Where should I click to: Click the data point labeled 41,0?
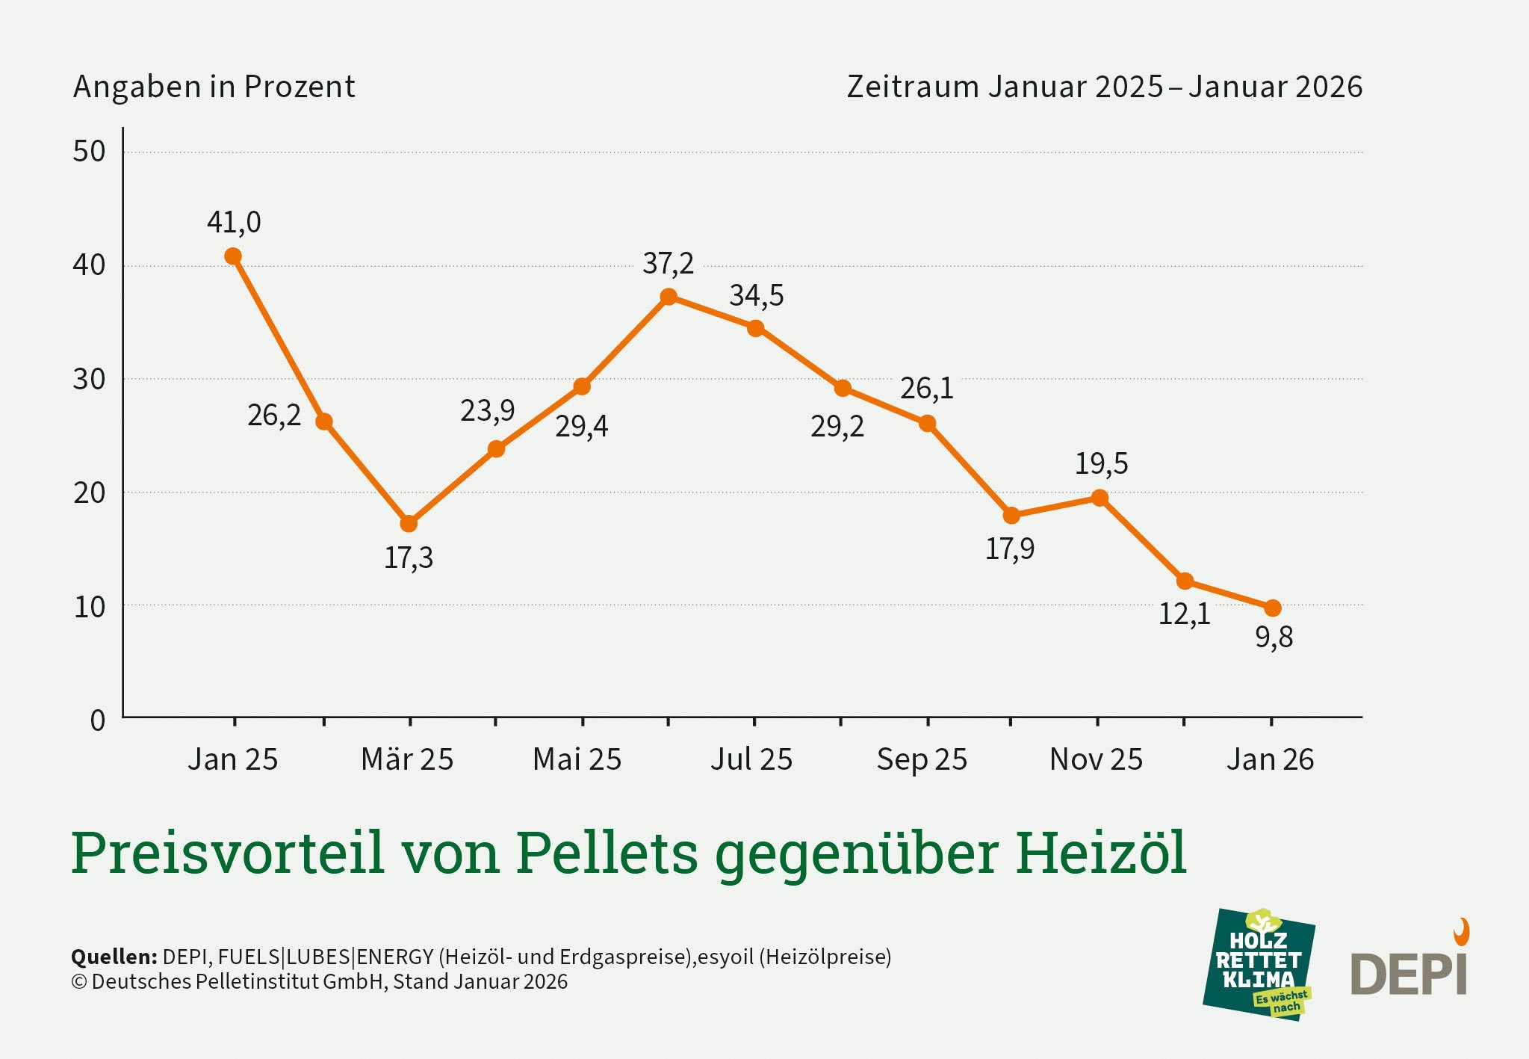[233, 256]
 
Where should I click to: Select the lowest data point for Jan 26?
[1273, 608]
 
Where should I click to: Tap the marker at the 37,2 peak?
[669, 297]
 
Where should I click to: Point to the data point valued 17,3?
[409, 524]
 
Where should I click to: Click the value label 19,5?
[1101, 464]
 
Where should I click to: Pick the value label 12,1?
[1184, 614]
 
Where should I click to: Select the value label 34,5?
[756, 296]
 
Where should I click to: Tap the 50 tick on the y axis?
[89, 152]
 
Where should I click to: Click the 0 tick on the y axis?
[98, 721]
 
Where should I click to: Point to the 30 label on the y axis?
[89, 380]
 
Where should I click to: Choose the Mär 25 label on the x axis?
[407, 760]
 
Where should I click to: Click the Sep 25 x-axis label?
[922, 760]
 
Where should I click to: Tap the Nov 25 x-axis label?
[1096, 760]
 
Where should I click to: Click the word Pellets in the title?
[607, 853]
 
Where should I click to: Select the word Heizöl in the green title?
[1100, 853]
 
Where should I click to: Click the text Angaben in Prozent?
[214, 87]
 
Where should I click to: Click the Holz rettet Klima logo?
[1259, 964]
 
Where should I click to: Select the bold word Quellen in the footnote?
[114, 957]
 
